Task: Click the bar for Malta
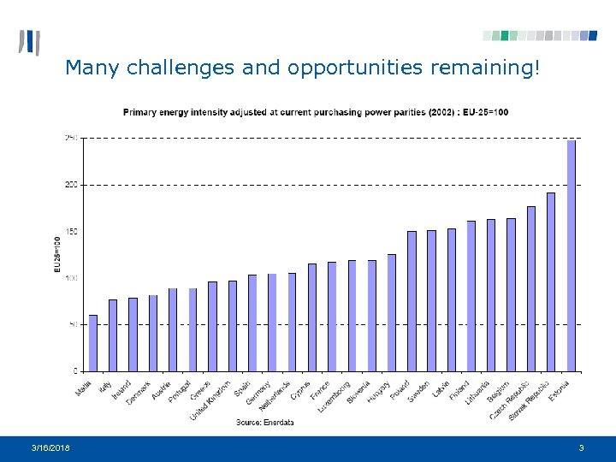[x=93, y=343]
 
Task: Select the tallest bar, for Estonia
[x=572, y=256]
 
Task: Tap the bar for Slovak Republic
[x=551, y=281]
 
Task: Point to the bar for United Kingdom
[x=233, y=326]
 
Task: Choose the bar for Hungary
[x=392, y=312]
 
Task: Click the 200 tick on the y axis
[x=70, y=185]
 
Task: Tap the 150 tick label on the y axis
[x=70, y=232]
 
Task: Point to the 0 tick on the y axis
[x=74, y=371]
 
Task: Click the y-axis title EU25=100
[x=57, y=255]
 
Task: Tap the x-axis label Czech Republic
[x=511, y=400]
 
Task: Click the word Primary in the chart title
[x=141, y=112]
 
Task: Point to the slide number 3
[x=581, y=448]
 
